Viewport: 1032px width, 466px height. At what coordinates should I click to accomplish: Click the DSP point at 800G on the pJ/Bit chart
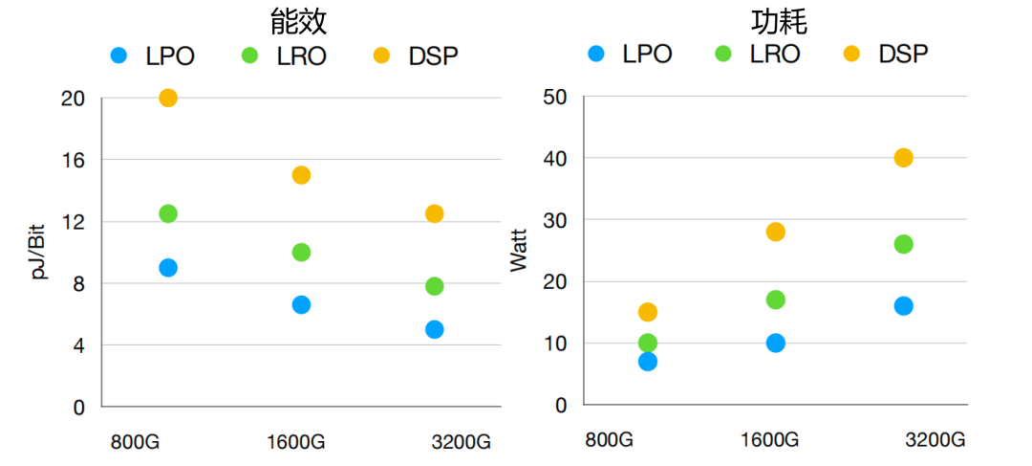(168, 98)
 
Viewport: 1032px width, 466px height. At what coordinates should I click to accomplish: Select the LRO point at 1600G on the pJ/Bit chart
(301, 253)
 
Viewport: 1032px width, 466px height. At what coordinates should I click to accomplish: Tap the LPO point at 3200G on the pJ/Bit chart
(434, 329)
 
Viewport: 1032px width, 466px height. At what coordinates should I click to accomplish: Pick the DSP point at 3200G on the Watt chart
(903, 158)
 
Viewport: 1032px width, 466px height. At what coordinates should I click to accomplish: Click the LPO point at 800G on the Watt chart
(648, 361)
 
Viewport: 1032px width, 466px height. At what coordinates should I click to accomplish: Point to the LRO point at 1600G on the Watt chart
(775, 300)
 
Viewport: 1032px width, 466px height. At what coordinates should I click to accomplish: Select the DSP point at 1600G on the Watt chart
(775, 232)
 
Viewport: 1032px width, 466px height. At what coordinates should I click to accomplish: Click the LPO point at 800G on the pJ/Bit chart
(168, 268)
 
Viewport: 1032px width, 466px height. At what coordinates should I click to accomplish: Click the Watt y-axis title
(519, 251)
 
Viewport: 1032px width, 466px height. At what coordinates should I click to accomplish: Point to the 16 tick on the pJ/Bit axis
(74, 160)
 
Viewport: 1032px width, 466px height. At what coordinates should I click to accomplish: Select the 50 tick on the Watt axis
(555, 98)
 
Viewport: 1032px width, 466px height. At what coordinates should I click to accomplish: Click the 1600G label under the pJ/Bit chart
(296, 442)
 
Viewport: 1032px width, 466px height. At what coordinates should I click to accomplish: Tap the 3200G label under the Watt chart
(935, 440)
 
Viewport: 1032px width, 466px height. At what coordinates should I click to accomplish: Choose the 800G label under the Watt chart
(610, 440)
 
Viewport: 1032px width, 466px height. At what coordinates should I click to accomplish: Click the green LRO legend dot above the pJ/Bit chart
(251, 55)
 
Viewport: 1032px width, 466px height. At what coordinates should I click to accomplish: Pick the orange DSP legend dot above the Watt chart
(852, 54)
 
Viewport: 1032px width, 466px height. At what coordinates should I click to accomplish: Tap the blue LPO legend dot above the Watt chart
(597, 54)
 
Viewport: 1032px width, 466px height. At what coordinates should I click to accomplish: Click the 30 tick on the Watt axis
(555, 220)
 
